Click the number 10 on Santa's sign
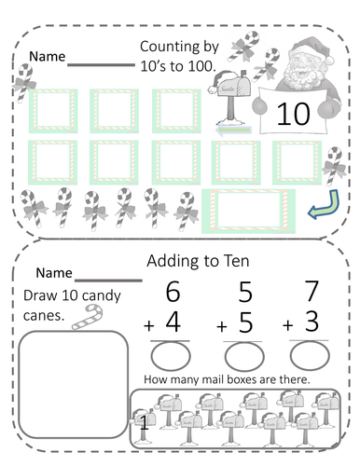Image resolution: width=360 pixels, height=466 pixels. click(292, 114)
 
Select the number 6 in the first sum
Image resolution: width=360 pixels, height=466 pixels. click(173, 292)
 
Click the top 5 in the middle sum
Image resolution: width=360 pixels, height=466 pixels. click(244, 292)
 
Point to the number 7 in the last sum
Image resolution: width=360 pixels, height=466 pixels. click(312, 292)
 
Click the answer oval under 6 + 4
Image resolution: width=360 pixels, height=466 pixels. click(171, 355)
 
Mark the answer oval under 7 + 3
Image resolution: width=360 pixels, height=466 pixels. click(309, 355)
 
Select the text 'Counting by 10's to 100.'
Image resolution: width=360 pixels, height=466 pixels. click(178, 55)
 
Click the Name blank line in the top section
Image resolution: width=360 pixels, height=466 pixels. click(102, 63)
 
